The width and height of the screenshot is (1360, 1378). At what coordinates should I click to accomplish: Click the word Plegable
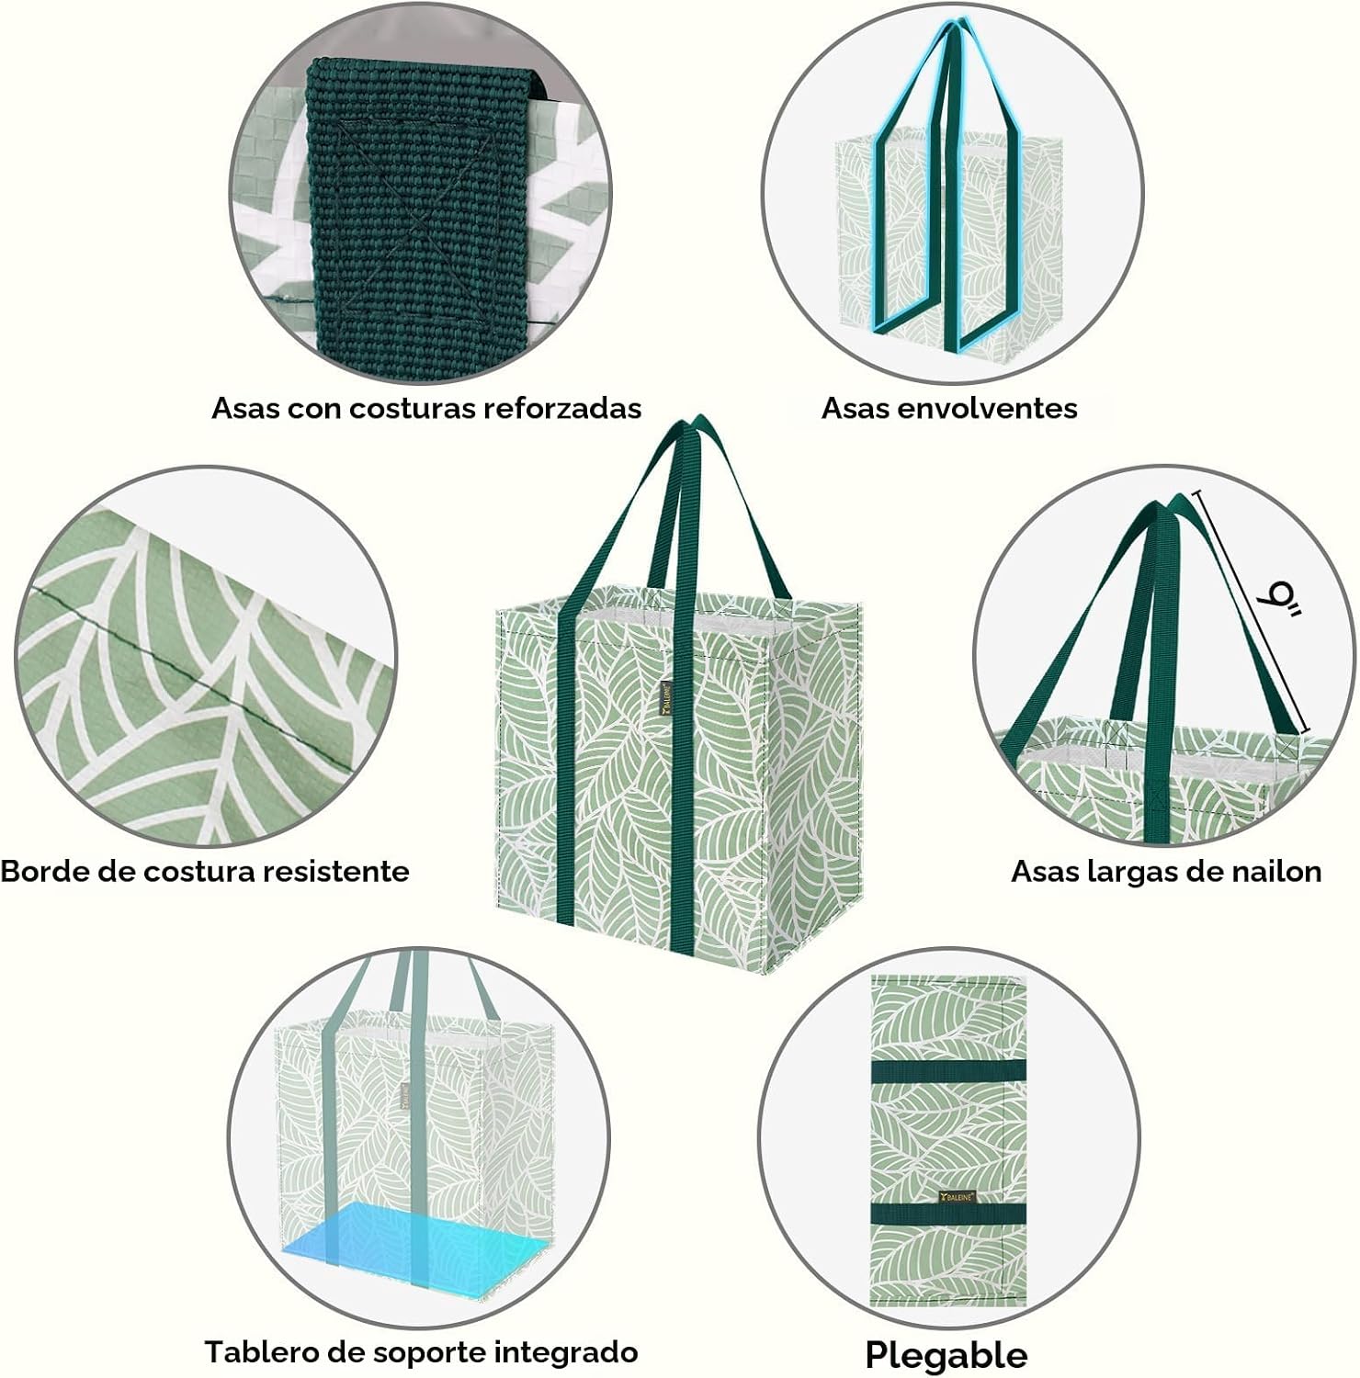click(x=946, y=1354)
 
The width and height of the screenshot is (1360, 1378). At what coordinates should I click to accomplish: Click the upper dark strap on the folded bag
click(x=947, y=1070)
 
